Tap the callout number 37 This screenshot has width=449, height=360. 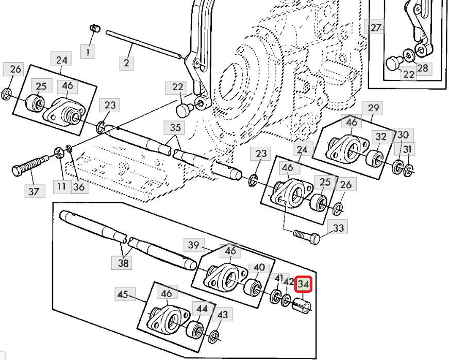[34, 192]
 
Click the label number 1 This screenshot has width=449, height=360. [88, 51]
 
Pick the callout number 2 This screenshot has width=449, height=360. [126, 63]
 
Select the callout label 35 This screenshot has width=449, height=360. [175, 128]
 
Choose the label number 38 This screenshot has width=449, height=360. [123, 263]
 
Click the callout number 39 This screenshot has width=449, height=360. [193, 245]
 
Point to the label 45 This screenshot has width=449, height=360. [122, 295]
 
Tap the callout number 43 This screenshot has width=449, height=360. [222, 315]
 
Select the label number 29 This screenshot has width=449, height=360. [374, 108]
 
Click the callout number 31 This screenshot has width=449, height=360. [408, 149]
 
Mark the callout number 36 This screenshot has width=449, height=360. [78, 186]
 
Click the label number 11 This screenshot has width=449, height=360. [62, 186]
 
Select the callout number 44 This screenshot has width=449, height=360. [201, 308]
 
